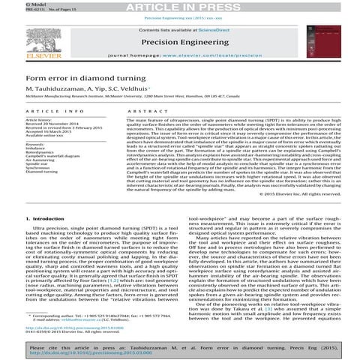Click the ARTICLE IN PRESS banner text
tap(179, 6)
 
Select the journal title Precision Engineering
tap(180, 42)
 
